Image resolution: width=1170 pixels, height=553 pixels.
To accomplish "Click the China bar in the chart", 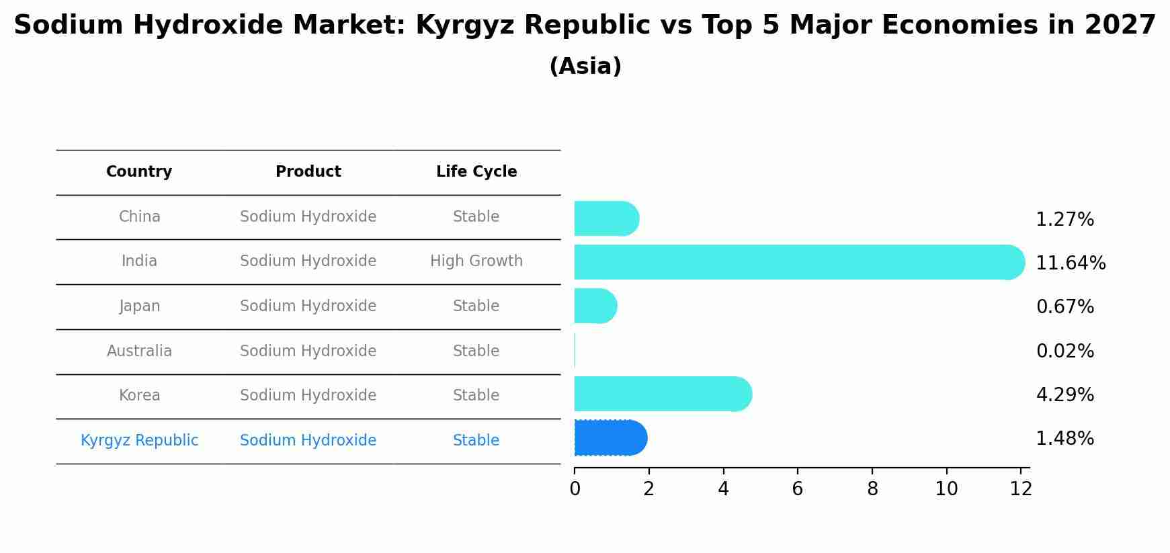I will click(x=605, y=218).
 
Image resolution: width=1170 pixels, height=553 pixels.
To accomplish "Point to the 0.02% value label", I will click(x=1064, y=351).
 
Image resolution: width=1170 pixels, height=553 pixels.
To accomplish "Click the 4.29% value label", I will click(x=1064, y=394).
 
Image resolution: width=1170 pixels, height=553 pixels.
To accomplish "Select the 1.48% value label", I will click(x=1064, y=439).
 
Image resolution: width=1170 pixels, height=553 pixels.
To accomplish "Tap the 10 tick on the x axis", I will click(x=946, y=489).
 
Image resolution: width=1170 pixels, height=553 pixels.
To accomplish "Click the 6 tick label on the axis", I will click(x=798, y=489).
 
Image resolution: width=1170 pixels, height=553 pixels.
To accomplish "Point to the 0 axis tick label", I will click(x=575, y=489).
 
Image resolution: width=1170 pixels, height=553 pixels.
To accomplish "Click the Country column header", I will click(x=139, y=172).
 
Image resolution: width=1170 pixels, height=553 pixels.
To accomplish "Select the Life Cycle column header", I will click(x=476, y=172).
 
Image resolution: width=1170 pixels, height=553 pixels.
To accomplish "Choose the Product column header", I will click(x=308, y=172).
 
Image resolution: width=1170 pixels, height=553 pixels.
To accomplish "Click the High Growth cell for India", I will click(x=476, y=261).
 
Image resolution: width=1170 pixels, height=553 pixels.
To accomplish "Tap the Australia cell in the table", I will click(x=139, y=351).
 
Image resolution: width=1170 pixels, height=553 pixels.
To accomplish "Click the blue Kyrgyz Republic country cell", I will click(x=139, y=440).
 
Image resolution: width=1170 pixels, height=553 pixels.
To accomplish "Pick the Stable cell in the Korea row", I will click(x=476, y=395).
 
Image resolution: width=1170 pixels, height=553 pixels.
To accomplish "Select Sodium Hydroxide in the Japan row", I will click(x=308, y=306).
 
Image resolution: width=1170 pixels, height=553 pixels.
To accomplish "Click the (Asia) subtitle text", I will click(x=585, y=67).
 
